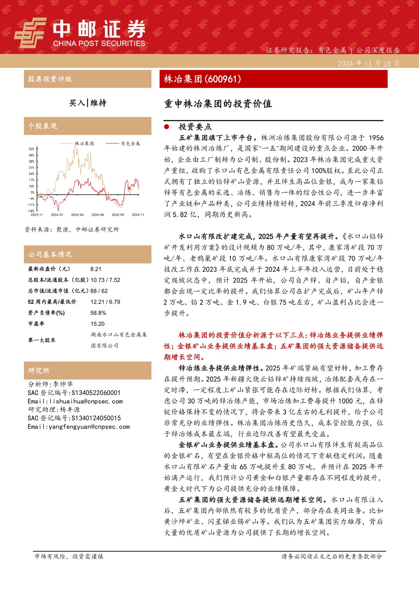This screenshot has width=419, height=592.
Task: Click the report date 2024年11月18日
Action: click(368, 64)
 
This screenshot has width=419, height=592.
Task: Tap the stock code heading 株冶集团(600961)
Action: click(203, 79)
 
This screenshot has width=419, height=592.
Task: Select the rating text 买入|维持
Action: click(88, 103)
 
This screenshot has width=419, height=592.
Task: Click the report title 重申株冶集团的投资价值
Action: click(218, 104)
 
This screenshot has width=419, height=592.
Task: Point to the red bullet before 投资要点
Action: click(167, 127)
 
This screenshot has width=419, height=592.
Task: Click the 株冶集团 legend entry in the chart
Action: click(84, 143)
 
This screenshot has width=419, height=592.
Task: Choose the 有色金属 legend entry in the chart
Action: click(130, 143)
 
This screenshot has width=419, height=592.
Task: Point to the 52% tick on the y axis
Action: click(32, 149)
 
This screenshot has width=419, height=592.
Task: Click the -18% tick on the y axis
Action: click(31, 211)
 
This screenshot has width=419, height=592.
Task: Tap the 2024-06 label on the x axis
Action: click(97, 215)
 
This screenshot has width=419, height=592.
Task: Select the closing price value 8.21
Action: click(96, 269)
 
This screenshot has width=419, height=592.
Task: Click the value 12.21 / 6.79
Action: click(105, 302)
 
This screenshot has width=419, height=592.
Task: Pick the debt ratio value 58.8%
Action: click(98, 313)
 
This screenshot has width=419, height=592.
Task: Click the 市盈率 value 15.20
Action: click(97, 324)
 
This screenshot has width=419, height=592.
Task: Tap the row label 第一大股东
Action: click(42, 340)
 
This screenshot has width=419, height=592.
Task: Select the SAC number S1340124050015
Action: click(96, 418)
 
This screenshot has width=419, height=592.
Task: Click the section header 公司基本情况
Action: click(50, 254)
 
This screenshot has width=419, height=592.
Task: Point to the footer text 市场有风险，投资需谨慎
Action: click(69, 556)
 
